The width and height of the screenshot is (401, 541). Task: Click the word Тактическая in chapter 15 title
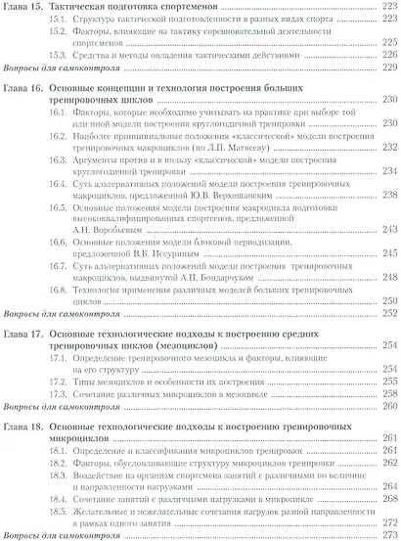pyautogui.click(x=95, y=8)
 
